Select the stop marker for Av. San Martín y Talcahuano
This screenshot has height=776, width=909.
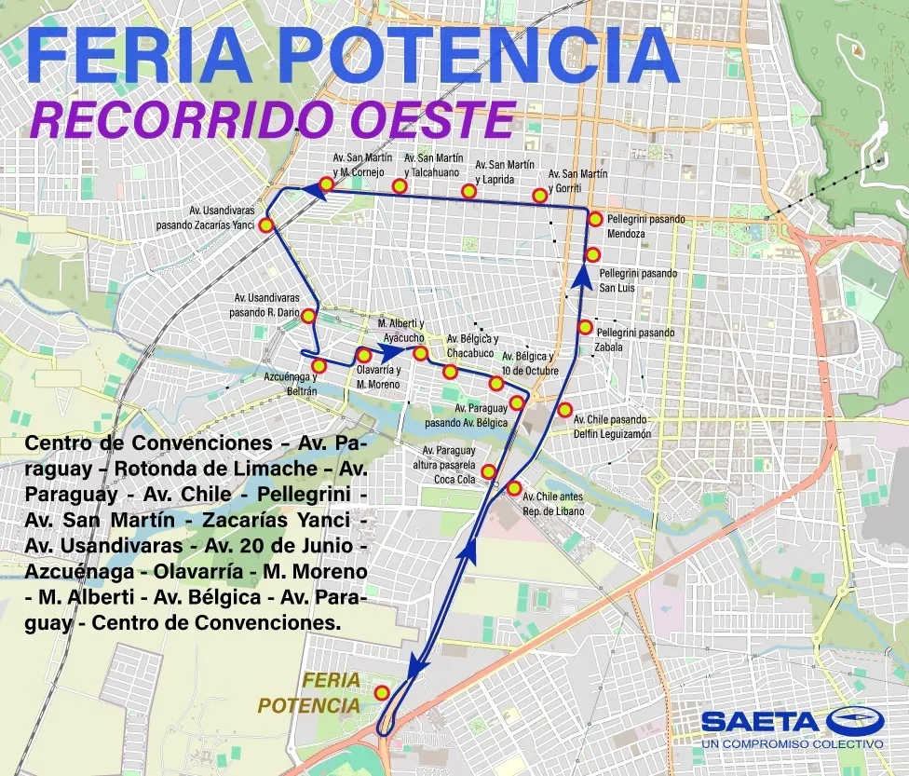[x=400, y=186]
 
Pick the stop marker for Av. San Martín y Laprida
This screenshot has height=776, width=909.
[x=469, y=191]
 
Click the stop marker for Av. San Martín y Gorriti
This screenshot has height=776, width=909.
[x=539, y=195]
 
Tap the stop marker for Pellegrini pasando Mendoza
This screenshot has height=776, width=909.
[x=595, y=219]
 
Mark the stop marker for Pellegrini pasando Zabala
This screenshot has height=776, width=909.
[x=585, y=327]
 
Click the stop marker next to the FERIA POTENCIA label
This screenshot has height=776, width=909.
[x=382, y=691]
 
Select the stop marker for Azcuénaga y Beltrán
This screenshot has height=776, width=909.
[x=319, y=365]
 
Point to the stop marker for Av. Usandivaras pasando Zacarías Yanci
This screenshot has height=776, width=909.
[x=266, y=225]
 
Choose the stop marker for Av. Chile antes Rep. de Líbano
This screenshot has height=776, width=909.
[x=513, y=488]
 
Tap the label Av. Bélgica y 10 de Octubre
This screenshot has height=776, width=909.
[x=530, y=363]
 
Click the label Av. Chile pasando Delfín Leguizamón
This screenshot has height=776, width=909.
[x=612, y=426]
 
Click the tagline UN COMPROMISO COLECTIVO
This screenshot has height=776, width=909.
[x=792, y=743]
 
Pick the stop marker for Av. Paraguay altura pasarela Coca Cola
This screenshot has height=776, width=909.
[x=488, y=471]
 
